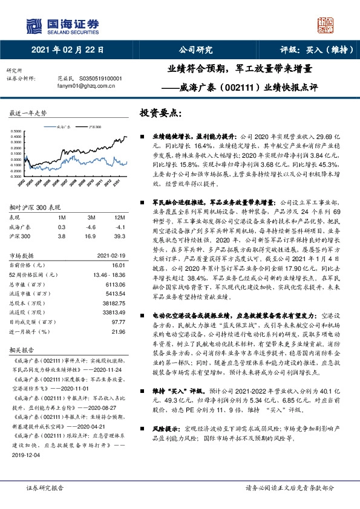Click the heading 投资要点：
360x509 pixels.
tap(162, 113)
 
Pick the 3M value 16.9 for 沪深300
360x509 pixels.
tap(91, 237)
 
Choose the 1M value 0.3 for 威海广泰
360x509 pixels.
tap(61, 227)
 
